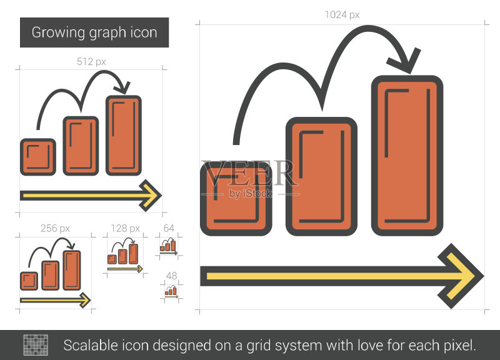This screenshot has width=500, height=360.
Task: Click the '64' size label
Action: (x=169, y=228)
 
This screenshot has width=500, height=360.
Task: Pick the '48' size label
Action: (x=171, y=276)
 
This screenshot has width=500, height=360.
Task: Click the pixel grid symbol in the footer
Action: (x=36, y=345)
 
